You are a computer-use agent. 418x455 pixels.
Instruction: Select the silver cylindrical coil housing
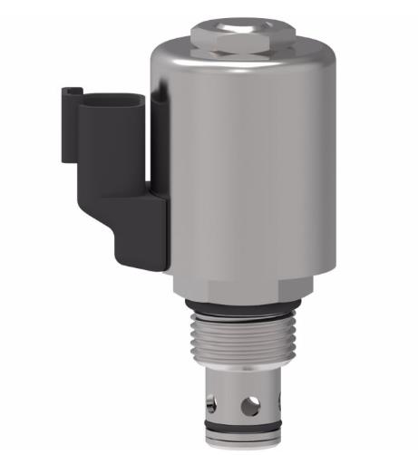[x=245, y=163]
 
